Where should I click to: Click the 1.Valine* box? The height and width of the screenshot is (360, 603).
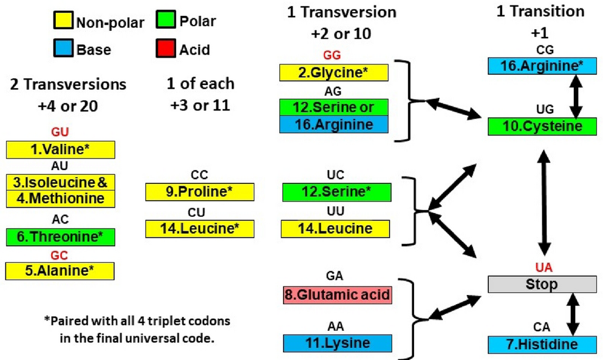60,149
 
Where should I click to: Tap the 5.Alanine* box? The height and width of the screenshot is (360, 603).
60,271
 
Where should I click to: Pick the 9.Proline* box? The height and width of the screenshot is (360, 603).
200,192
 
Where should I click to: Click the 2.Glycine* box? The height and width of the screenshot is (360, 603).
333,72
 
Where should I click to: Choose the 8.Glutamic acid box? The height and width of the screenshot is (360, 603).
337,296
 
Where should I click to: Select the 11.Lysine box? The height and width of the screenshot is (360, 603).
337,343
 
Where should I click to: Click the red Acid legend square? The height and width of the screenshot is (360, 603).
164,49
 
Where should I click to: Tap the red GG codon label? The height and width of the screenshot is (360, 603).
332,55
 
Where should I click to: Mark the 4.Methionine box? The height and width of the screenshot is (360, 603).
60,199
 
